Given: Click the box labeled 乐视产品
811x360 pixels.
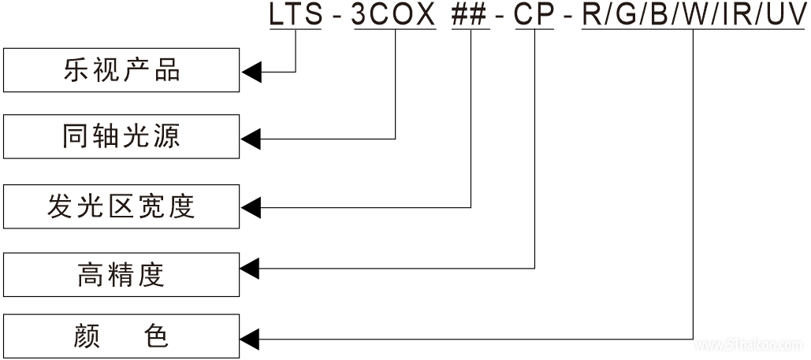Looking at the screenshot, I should coord(121,70).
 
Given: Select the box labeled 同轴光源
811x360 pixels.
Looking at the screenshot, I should coord(121,136).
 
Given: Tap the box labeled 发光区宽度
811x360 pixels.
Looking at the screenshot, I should coord(121,206).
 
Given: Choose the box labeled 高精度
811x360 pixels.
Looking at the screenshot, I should coord(121,274).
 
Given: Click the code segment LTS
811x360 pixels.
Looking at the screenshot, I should coord(295,15).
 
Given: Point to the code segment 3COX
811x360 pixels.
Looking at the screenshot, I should coord(393,15).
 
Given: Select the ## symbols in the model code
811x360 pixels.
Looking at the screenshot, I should coord(470,15).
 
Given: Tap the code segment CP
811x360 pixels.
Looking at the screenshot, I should coord(534,15).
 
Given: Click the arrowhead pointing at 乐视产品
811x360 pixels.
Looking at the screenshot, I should coord(251,72).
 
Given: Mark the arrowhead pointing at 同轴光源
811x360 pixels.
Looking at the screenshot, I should coord(251,139).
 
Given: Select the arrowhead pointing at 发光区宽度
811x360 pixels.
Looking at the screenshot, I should coord(251,207).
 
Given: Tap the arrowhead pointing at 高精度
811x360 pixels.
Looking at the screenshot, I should coord(251,269).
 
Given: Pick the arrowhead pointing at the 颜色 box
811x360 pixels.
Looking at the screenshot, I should coord(251,340).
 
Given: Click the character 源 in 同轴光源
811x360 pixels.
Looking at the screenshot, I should coord(167,136).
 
